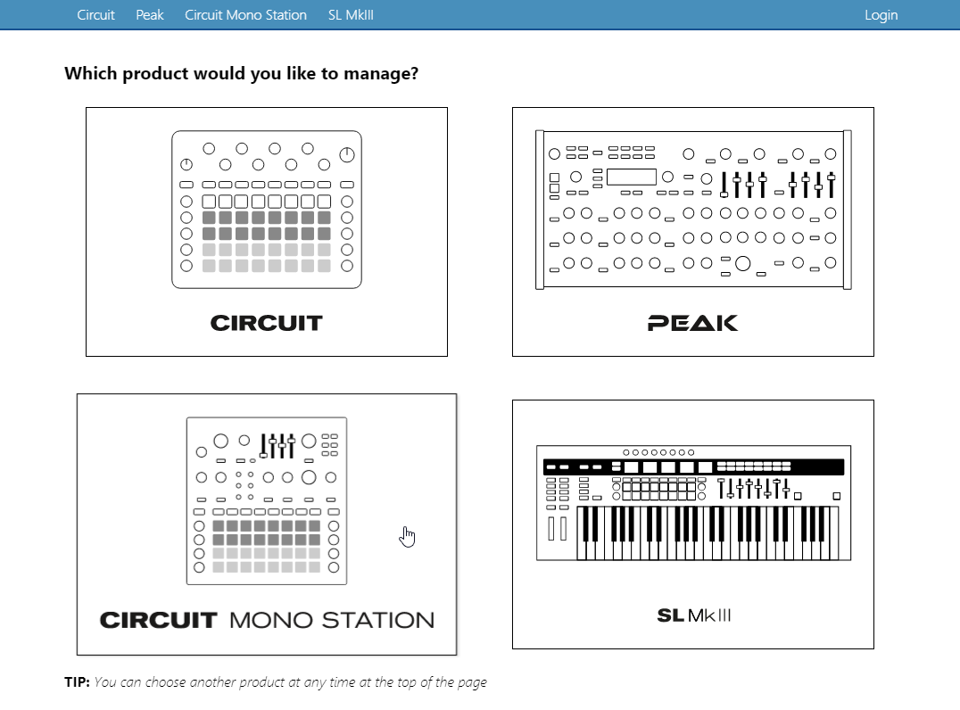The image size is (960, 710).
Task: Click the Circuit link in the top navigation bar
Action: click(x=95, y=14)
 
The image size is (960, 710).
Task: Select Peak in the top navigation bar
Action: click(x=149, y=14)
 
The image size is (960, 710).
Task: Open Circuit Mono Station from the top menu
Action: click(x=245, y=14)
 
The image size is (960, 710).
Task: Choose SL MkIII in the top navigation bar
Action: click(x=351, y=14)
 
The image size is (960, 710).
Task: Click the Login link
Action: click(x=881, y=15)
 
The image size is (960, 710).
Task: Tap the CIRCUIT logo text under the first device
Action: click(x=267, y=323)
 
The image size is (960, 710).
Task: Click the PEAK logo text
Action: click(x=692, y=323)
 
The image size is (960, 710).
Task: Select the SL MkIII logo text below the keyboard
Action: click(x=693, y=615)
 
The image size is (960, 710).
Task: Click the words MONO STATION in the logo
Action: click(x=332, y=620)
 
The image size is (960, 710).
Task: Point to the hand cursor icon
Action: click(x=407, y=536)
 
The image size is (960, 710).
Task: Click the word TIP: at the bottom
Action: click(x=77, y=681)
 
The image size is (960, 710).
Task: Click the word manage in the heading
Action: click(x=377, y=74)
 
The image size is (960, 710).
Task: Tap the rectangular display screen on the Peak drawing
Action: click(x=631, y=177)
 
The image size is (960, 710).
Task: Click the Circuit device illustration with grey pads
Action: click(x=267, y=210)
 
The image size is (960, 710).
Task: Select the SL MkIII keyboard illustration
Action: click(x=693, y=503)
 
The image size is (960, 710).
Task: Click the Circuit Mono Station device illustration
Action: click(x=267, y=500)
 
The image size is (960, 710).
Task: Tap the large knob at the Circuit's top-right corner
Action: click(x=346, y=155)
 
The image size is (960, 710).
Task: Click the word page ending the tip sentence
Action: click(x=471, y=683)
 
